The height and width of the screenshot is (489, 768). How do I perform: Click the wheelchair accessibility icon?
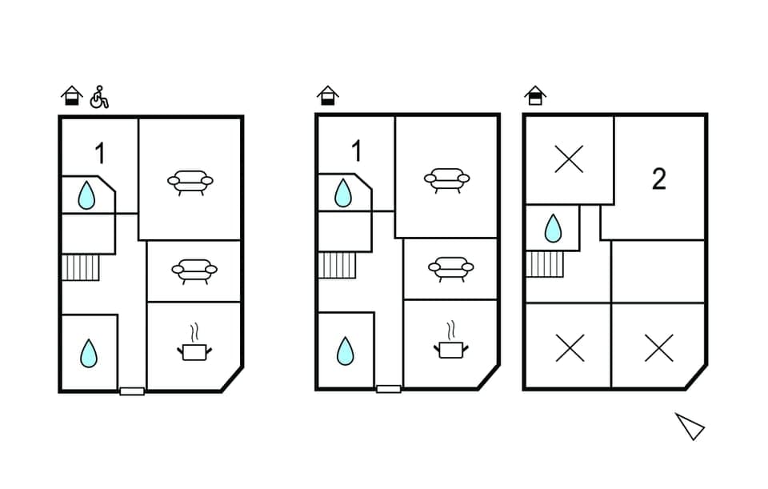pos(99,97)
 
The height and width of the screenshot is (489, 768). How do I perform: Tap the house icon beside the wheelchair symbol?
pos(72,96)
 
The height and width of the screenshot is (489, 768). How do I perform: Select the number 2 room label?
pos(658,179)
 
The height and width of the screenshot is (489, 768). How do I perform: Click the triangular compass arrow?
pos(689,426)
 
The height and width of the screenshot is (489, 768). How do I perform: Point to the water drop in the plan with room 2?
pos(553,228)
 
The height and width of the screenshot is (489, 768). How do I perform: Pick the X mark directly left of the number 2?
pos(569,159)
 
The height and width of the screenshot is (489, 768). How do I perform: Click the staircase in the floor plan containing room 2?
pos(545,263)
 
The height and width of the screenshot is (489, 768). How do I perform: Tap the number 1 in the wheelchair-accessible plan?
pos(100,152)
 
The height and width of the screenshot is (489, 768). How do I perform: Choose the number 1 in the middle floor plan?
pos(356,150)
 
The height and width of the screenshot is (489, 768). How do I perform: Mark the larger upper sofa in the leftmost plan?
pos(190,182)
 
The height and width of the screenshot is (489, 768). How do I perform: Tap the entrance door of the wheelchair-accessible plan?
pos(132,391)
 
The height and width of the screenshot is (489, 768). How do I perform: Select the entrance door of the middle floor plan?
pos(389,390)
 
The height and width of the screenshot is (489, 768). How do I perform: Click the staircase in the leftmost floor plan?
pos(81,267)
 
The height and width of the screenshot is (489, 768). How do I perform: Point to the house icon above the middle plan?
pos(327,96)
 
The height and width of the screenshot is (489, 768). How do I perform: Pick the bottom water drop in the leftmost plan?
pos(89,353)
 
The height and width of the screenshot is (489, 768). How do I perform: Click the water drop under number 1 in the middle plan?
pos(343,193)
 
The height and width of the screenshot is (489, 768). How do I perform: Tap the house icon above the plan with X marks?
pos(535,96)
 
